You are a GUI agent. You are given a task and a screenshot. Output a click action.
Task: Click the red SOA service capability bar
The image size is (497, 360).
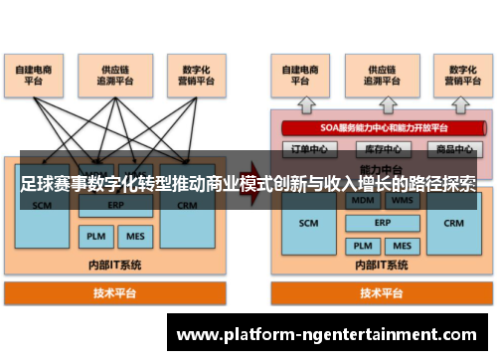click(378, 128)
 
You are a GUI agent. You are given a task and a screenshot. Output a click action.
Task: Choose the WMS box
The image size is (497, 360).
click(402, 199)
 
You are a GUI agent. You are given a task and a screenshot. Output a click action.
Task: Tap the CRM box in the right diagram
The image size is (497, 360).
click(454, 224)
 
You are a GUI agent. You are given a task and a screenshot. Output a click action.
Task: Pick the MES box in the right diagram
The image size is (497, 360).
click(402, 246)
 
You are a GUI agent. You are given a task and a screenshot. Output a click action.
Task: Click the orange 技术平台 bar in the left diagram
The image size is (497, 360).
click(115, 293)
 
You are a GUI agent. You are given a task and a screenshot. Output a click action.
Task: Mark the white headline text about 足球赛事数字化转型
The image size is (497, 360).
click(248, 184)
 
